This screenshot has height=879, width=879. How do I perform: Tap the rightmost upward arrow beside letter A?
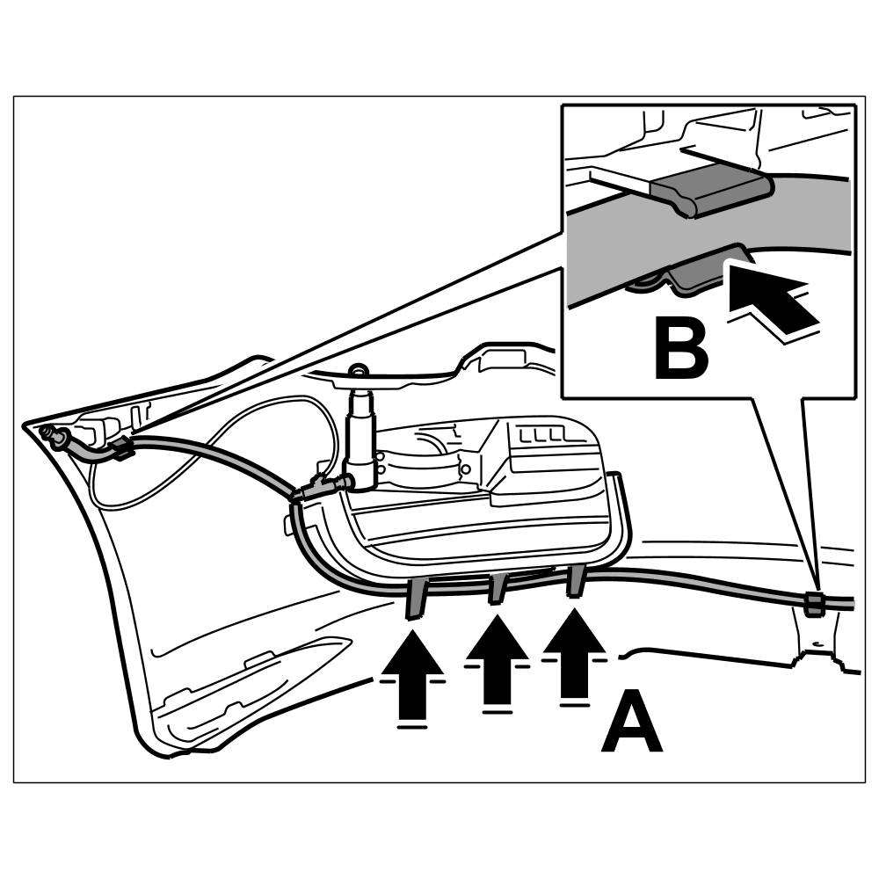click(x=573, y=655)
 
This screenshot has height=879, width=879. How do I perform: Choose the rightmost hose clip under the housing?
click(x=576, y=580)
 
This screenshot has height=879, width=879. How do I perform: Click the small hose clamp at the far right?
click(x=815, y=604)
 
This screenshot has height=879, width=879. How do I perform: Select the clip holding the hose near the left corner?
click(x=121, y=452)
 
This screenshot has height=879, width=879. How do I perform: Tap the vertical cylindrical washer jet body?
click(x=361, y=431)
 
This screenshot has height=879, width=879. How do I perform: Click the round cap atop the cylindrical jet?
click(x=358, y=372)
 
